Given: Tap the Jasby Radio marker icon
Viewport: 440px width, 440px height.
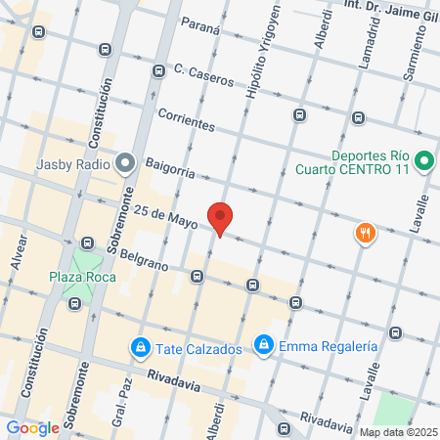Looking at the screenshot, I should [x=124, y=162].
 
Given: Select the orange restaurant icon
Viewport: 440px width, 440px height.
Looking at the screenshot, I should [x=365, y=233].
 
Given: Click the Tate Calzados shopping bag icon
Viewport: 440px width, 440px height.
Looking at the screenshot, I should [x=141, y=347].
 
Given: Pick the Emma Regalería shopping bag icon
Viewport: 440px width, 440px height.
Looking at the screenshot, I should [x=263, y=345].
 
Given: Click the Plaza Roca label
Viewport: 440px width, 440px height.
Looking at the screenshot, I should [x=82, y=277].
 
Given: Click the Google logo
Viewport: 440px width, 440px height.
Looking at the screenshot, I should [x=32, y=428].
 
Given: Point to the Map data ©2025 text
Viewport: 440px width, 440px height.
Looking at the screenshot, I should [x=397, y=432].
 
